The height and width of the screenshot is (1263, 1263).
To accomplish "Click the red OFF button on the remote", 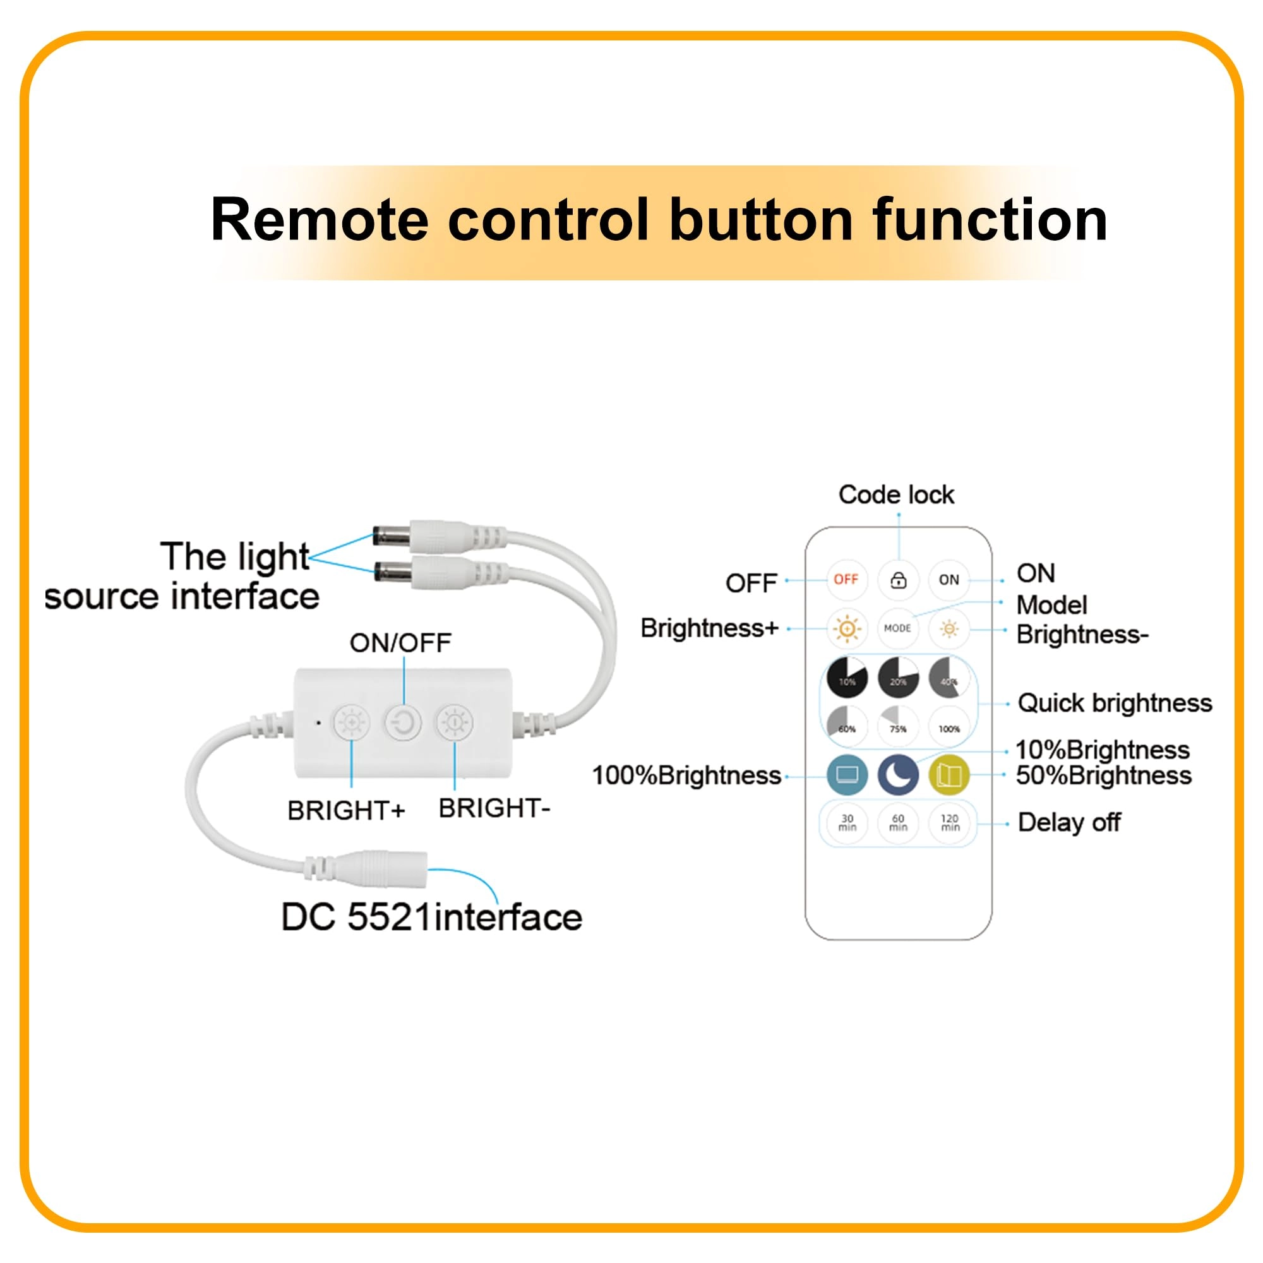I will tap(846, 579).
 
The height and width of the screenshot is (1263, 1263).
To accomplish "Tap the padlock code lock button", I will tap(898, 580).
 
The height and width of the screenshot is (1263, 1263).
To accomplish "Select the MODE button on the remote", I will tap(897, 628).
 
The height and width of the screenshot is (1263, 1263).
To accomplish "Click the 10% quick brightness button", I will tap(847, 678).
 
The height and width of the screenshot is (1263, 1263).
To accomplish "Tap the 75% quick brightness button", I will tap(898, 726).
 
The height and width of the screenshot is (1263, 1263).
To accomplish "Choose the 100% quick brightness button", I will tap(949, 726).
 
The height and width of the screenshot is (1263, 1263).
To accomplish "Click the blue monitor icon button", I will tap(847, 775).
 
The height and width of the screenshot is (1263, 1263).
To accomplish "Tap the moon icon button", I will tap(898, 775).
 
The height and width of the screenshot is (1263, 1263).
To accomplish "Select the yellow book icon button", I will tap(949, 775).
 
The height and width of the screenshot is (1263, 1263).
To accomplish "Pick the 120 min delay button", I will tap(950, 823).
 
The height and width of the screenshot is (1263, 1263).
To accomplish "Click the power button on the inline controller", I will tap(403, 723).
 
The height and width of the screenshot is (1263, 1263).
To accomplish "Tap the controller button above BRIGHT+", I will tap(352, 723).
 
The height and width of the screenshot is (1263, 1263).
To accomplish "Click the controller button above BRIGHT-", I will tap(454, 723).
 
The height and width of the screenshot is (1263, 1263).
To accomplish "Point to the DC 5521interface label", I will tap(431, 916).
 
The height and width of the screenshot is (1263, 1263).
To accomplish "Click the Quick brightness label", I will tap(1115, 703).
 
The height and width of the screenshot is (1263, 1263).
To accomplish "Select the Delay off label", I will tap(1070, 822).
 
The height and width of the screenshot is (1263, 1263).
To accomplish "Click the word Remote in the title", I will tap(319, 220).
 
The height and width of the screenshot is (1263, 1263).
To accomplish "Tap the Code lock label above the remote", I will tap(896, 495).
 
